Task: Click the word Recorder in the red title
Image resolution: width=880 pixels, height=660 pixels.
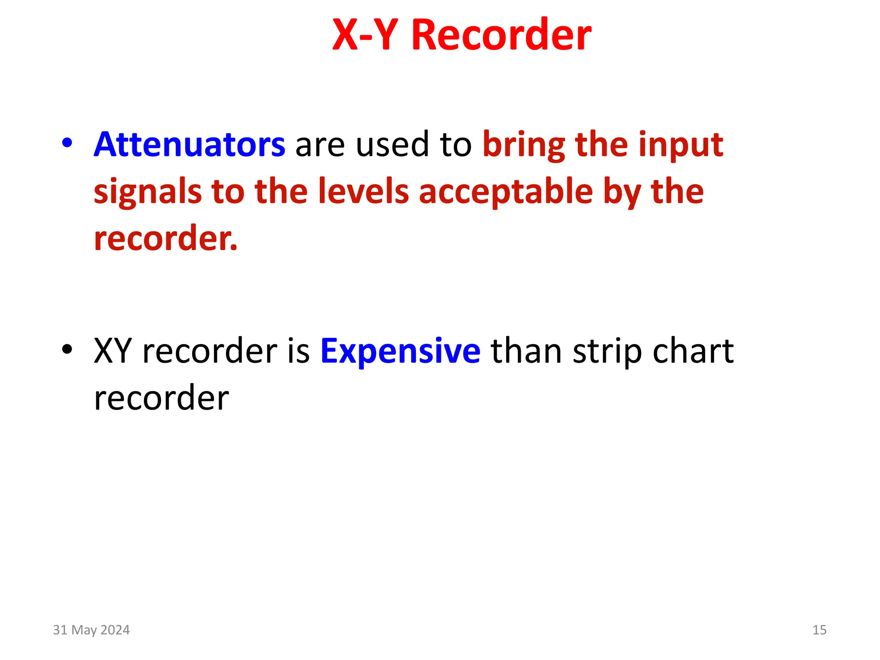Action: click(501, 35)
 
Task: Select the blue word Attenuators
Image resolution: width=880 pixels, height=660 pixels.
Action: click(189, 144)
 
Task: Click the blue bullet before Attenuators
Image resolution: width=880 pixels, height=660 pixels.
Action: click(67, 143)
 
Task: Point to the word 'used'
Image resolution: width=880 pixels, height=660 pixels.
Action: click(392, 144)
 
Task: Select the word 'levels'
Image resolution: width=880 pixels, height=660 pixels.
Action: click(364, 192)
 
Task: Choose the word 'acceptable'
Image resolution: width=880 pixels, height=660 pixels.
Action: click(506, 192)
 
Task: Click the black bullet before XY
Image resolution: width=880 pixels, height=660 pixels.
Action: click(67, 349)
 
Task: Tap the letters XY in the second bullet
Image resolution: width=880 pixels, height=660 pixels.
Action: click(113, 351)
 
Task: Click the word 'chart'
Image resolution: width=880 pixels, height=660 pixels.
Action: click(693, 351)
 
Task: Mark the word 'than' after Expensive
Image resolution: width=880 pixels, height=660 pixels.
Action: click(526, 351)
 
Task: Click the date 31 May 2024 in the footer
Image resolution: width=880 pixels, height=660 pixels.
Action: click(91, 630)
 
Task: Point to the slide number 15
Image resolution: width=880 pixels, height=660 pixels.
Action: click(819, 630)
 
